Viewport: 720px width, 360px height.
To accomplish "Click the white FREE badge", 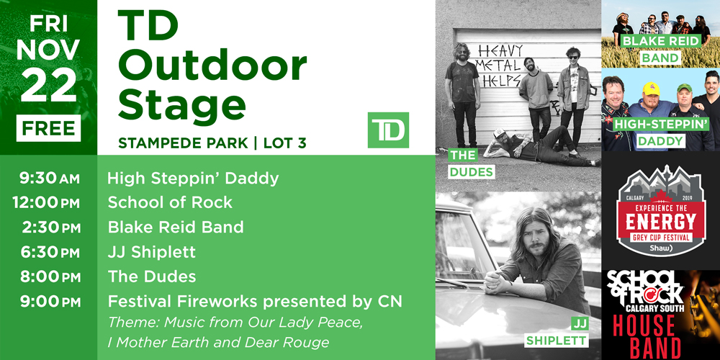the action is tap(48, 128).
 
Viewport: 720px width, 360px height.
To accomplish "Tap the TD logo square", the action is tap(388, 130).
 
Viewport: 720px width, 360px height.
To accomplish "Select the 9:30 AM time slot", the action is tap(49, 179).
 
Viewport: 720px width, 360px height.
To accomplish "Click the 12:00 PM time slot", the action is tap(46, 203).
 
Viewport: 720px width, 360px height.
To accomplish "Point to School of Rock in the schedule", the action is tap(170, 202).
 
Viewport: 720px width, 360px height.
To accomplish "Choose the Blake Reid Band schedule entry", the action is tap(176, 228).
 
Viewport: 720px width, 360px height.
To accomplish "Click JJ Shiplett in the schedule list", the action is tap(151, 252).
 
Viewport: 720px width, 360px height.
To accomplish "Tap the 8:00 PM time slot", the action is tap(50, 277).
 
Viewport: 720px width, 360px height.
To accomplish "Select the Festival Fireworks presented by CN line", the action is tap(255, 302).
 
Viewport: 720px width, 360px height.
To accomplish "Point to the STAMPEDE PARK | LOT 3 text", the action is tap(212, 143).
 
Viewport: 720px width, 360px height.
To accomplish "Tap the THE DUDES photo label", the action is tap(464, 163).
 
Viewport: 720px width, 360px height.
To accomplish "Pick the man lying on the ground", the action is tap(542, 148).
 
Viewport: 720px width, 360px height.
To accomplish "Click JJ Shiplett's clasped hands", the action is tap(498, 281).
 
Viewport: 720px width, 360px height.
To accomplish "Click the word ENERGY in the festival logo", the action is tap(661, 222).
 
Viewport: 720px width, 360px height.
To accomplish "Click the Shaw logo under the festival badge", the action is tap(661, 248).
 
